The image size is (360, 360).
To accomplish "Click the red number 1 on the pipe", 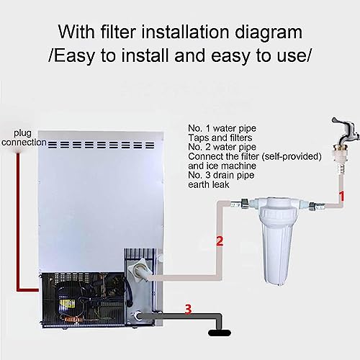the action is [342, 196].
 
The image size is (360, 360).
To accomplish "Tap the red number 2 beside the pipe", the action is [220, 241].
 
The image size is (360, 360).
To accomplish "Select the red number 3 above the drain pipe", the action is [188, 309].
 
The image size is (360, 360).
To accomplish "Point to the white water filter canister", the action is [277, 240].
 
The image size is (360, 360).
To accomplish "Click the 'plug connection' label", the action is [23, 138].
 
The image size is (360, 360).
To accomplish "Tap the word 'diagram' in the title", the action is [269, 32].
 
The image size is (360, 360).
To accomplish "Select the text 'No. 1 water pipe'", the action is [222, 128].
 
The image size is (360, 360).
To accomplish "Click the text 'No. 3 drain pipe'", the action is [221, 175].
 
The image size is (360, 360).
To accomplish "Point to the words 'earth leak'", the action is [209, 184].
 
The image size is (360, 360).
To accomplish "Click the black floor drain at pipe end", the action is [220, 333].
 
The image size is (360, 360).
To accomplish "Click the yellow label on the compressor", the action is [67, 305].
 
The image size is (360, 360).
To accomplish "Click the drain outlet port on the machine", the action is [138, 316].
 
